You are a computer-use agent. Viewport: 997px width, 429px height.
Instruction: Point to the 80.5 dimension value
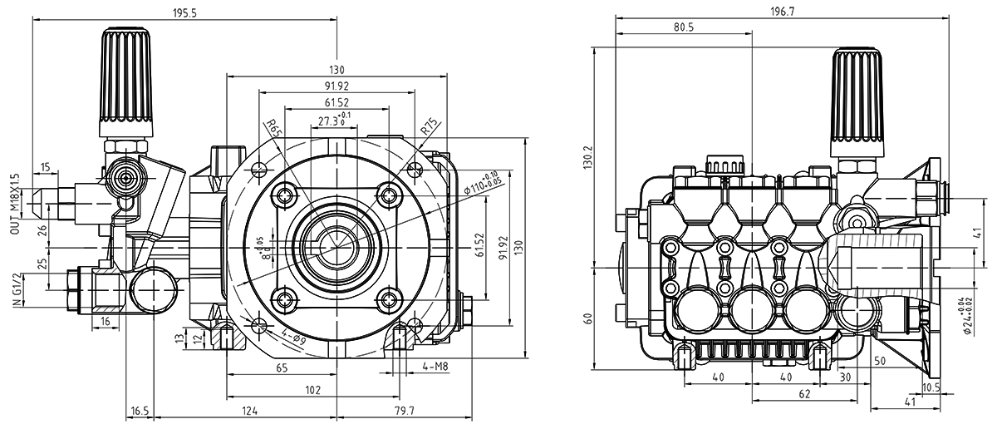click(683, 27)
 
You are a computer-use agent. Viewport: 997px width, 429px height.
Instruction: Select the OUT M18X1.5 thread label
click(14, 205)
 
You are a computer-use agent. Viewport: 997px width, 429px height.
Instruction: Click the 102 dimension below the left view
click(314, 389)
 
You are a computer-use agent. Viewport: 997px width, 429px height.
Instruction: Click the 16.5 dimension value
click(140, 410)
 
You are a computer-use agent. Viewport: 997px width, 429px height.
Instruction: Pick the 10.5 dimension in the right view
click(931, 387)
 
